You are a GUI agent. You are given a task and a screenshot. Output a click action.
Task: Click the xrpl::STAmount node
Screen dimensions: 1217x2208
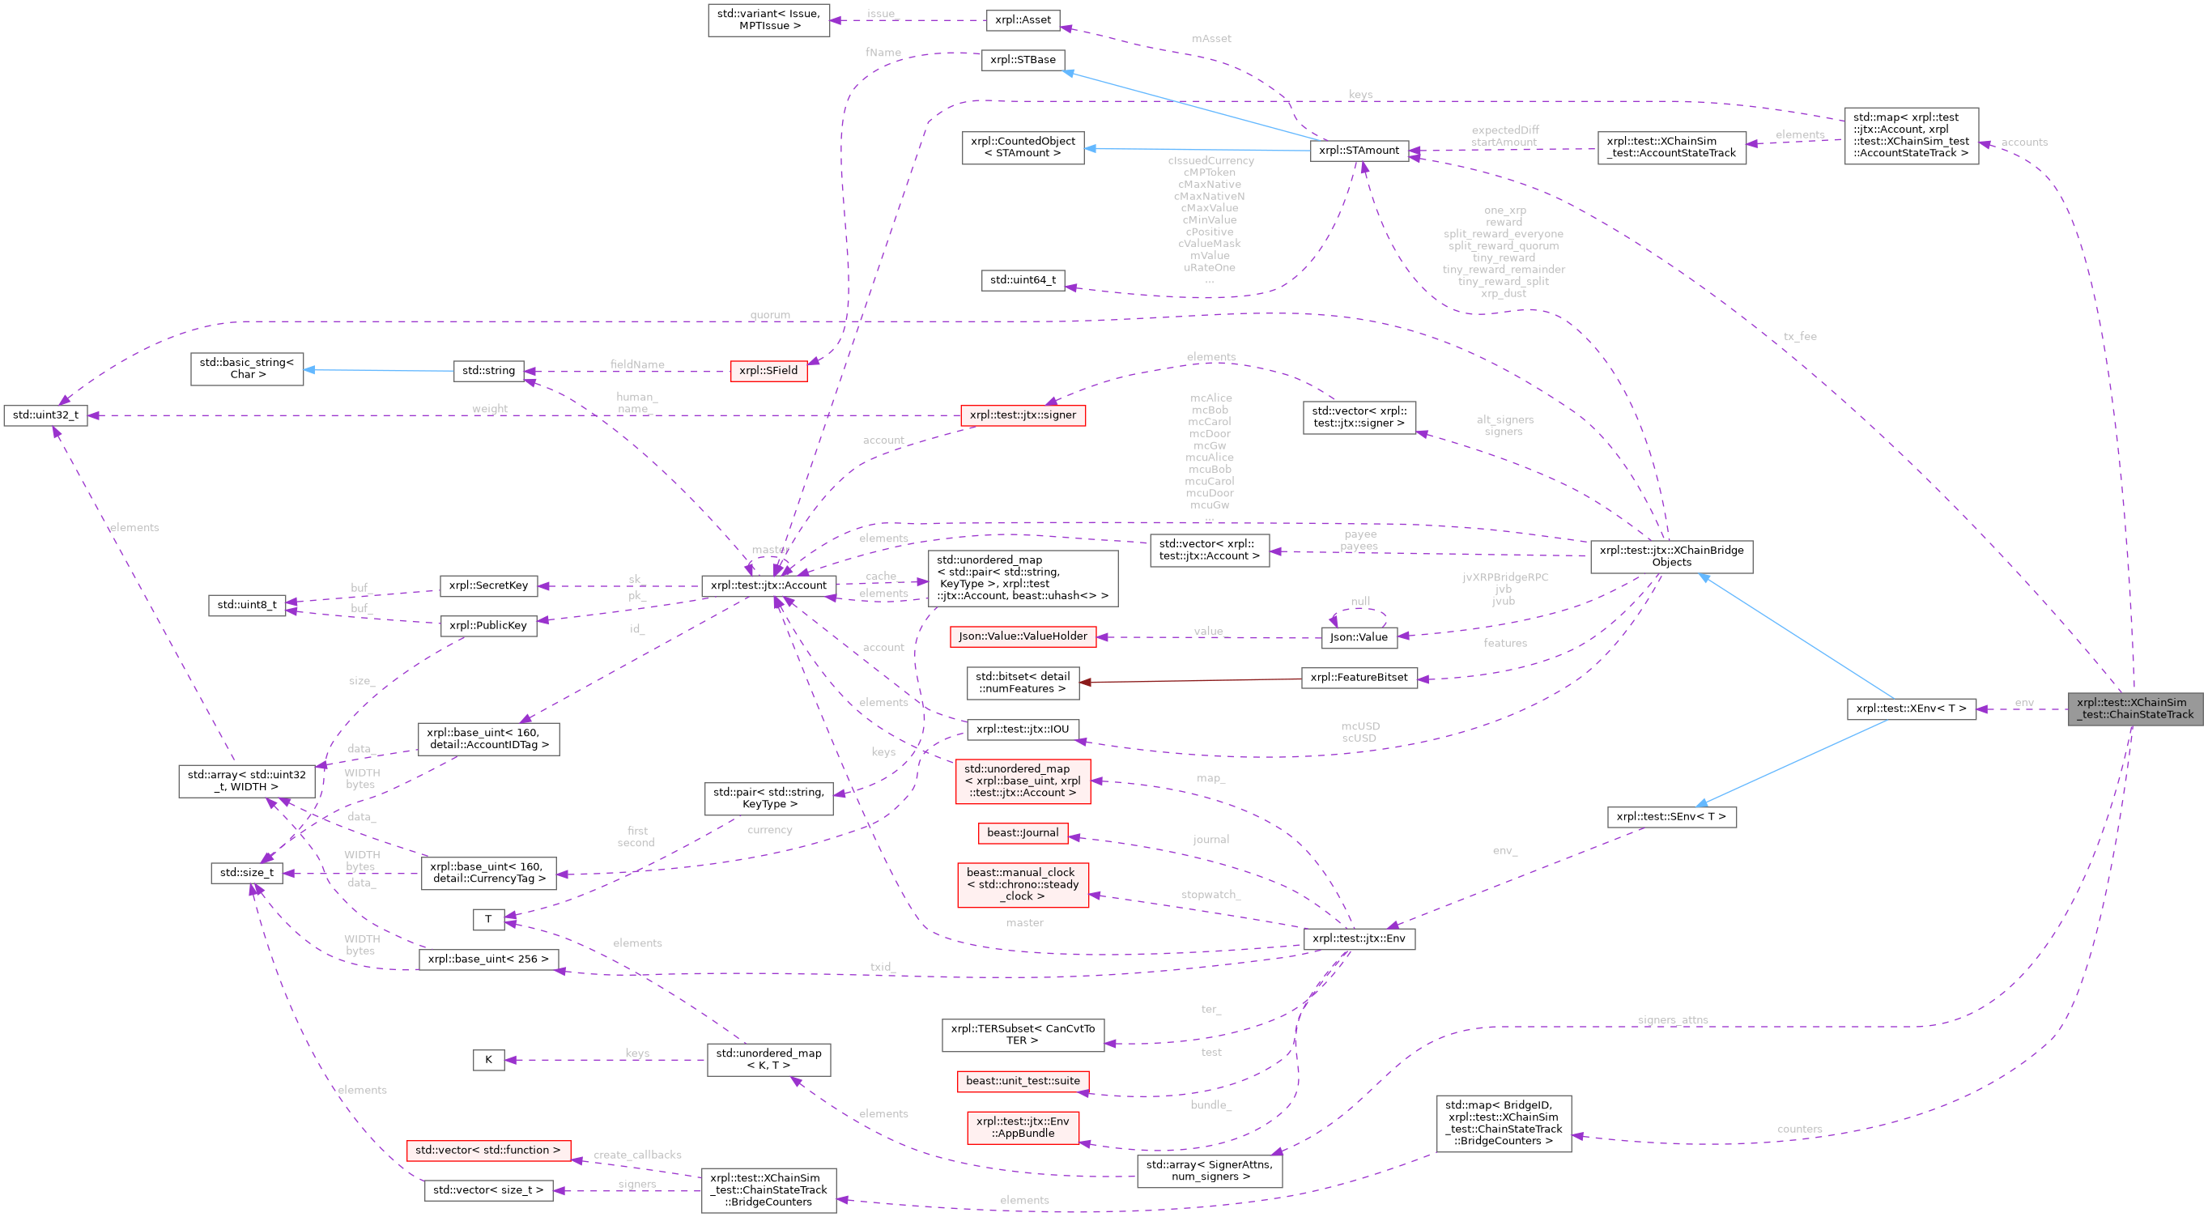point(1359,151)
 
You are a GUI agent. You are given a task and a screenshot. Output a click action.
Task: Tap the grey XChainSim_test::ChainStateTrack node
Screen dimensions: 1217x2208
point(2134,708)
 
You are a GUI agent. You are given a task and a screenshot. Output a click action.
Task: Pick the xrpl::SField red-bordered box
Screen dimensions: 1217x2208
point(768,371)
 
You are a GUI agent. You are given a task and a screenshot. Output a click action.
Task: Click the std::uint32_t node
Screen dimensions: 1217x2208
point(45,415)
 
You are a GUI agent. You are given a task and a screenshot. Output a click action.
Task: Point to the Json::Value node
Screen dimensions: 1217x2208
point(1359,636)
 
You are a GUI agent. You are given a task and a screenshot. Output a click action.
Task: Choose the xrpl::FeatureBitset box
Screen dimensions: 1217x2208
point(1359,677)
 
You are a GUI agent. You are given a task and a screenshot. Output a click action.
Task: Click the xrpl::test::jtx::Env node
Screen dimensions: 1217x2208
point(1359,938)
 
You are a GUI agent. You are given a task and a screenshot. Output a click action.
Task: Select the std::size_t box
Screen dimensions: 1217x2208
point(247,873)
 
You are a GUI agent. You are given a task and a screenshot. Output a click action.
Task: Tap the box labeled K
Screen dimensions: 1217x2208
point(487,1060)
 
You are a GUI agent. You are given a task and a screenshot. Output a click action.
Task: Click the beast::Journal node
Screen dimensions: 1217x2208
point(1023,832)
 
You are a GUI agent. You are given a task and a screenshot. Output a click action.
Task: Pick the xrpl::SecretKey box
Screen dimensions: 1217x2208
point(487,585)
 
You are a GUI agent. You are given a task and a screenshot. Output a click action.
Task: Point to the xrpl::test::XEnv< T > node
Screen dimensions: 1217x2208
point(1911,708)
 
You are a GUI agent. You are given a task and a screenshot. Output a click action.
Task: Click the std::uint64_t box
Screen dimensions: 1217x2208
point(1023,279)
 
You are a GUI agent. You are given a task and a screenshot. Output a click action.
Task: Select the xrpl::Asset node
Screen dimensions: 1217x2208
point(1023,19)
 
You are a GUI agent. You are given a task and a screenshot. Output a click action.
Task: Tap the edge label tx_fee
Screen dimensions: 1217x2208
point(1800,337)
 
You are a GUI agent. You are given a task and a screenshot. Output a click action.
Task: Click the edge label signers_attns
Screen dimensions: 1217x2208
point(1672,1020)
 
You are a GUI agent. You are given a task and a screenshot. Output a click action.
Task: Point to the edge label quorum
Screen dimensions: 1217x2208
point(770,316)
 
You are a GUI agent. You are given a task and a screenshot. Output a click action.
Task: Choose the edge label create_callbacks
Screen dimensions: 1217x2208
point(637,1155)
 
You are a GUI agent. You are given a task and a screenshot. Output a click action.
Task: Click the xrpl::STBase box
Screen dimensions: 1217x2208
point(1023,60)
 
